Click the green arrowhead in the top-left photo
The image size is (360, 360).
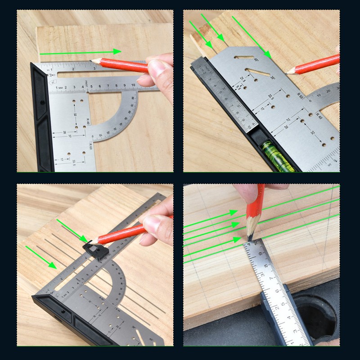coord(117,51)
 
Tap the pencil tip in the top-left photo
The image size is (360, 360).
coord(91,60)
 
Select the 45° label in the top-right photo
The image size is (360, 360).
coord(256,59)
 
